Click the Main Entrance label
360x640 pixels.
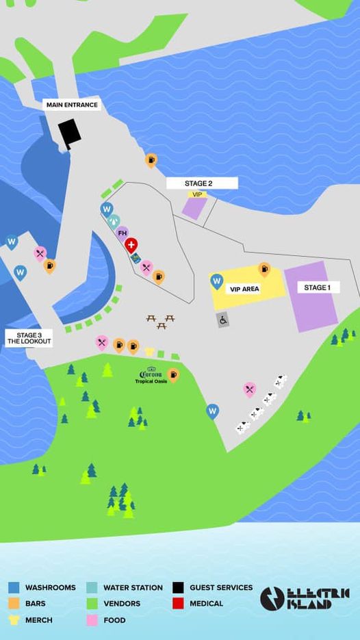[72, 105]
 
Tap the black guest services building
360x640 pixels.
[69, 133]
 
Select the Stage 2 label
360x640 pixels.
[199, 183]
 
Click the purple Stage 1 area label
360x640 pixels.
[317, 287]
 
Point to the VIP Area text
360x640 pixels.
[244, 290]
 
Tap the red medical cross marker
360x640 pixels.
[131, 245]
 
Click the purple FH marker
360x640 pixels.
[123, 233]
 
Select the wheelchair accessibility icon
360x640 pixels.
[223, 320]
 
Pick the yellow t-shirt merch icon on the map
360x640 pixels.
[150, 351]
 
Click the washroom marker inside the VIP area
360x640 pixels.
[217, 280]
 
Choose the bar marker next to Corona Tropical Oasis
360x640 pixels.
[173, 374]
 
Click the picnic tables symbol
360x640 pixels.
[161, 321]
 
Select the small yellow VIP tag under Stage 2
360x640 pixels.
[198, 194]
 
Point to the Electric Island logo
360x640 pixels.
[305, 598]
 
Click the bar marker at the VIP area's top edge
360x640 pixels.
[264, 269]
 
